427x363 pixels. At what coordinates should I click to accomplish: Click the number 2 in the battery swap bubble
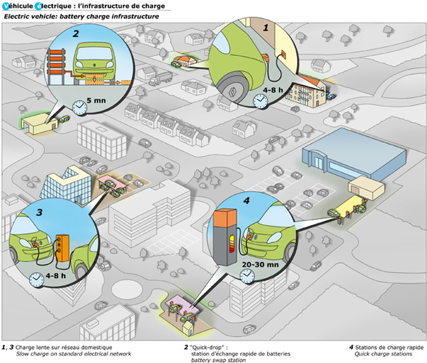click(x=76, y=33)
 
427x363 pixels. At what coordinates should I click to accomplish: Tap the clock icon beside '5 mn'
click(x=80, y=107)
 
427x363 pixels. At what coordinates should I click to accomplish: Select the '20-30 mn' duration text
click(x=260, y=264)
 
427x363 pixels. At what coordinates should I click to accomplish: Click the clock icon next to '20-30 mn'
click(x=247, y=276)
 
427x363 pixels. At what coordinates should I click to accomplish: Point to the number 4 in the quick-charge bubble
click(x=246, y=200)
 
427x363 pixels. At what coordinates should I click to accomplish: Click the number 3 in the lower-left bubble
click(x=40, y=212)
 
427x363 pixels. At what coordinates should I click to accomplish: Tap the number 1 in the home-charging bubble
click(x=266, y=28)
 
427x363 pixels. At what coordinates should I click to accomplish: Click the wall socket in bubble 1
click(x=283, y=55)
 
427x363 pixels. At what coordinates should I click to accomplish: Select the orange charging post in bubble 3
click(x=62, y=248)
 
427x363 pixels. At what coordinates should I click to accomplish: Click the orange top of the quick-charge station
click(x=224, y=217)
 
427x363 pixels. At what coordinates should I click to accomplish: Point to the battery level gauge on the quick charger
click(x=232, y=243)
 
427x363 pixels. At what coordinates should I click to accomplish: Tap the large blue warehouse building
click(x=354, y=154)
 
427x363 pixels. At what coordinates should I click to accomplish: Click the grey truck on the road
click(x=160, y=78)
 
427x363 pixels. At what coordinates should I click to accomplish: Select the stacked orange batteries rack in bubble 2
click(x=56, y=66)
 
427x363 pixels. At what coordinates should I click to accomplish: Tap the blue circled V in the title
click(x=5, y=6)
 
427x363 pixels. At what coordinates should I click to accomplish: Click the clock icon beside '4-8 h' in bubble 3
click(x=36, y=279)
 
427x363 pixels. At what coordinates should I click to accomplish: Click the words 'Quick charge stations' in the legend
click(x=383, y=354)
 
